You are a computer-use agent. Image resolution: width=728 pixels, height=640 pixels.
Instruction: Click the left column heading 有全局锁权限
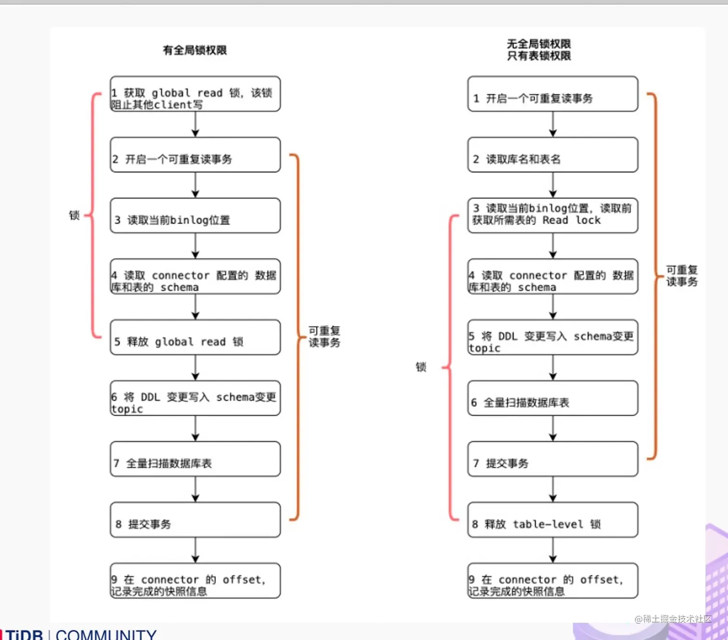pos(195,50)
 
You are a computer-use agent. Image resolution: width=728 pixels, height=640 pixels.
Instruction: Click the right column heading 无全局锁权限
pos(538,44)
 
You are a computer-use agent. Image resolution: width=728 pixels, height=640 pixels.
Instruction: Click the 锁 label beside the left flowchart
pos(74,215)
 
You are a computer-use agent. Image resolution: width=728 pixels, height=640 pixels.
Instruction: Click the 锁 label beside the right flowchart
pos(421,367)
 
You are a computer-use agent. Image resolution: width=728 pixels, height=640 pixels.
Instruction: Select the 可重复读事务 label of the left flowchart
pos(324,336)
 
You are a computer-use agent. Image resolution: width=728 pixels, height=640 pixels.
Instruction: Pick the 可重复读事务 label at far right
pos(681,276)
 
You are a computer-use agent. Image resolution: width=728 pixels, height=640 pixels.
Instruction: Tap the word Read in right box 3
pos(555,220)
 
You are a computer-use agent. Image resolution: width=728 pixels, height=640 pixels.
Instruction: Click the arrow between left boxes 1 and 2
pos(195,124)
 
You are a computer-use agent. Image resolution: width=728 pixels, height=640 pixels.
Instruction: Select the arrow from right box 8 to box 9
pos(553,550)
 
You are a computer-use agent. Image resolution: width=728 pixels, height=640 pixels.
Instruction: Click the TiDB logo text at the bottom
pos(24,634)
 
